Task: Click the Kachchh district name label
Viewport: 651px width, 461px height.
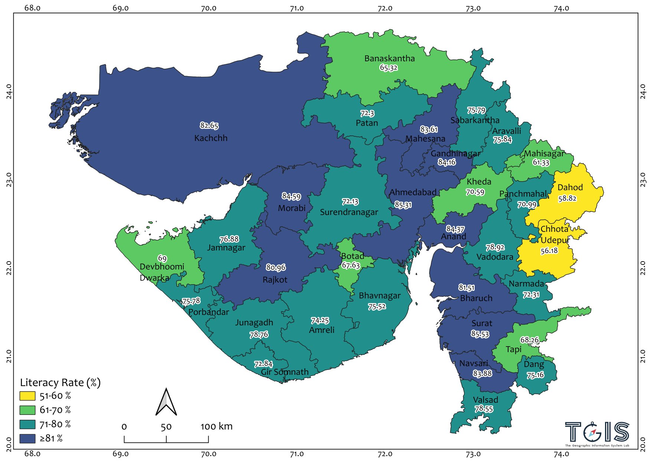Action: (211, 138)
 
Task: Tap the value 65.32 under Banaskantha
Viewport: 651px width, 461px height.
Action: (389, 68)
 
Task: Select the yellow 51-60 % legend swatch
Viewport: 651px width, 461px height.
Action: (27, 396)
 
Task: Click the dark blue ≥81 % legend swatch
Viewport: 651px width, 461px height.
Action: (27, 438)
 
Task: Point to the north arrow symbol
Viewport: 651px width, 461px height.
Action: (166, 402)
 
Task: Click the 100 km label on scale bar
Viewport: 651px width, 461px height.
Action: (216, 426)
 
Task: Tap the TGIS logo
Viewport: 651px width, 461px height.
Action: (597, 433)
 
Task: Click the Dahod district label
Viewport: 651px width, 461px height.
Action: (570, 188)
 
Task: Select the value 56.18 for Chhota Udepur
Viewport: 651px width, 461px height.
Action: (549, 251)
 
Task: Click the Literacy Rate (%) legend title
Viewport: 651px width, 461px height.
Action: (60, 383)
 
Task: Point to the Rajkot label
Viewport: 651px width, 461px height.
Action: (275, 280)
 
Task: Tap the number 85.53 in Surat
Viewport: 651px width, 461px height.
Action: (480, 334)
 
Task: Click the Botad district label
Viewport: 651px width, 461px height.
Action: (352, 256)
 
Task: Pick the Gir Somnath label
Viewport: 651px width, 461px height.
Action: (285, 372)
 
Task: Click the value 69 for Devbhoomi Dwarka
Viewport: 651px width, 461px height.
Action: (162, 258)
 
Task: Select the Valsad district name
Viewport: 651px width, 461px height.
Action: (485, 400)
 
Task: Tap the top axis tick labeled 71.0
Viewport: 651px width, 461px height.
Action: (297, 8)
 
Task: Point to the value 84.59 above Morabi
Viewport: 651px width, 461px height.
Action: (291, 196)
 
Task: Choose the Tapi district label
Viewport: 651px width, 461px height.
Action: (513, 349)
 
